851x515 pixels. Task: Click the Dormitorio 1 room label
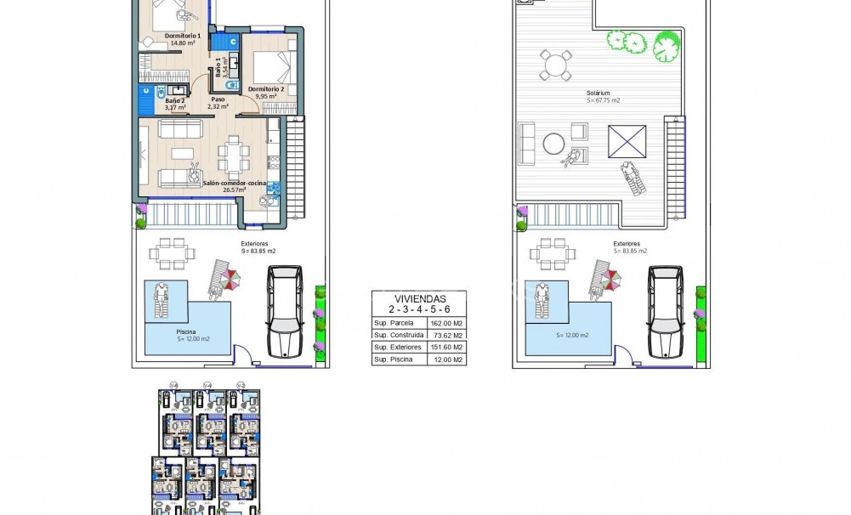pos(182,36)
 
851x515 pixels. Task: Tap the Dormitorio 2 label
pos(265,88)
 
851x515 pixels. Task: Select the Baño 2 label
pos(175,100)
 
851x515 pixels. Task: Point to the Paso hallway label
pos(218,99)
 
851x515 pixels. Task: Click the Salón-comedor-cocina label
pos(234,183)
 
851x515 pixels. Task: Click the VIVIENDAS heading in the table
pos(418,298)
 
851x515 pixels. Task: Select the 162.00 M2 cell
pos(446,323)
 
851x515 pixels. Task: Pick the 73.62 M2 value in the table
pos(446,335)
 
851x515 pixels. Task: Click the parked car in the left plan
pos(285,311)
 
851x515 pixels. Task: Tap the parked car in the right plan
pos(665,311)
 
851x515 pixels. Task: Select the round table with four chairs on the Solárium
pos(556,65)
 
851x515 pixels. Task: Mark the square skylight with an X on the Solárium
pos(627,141)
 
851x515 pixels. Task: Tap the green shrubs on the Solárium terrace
pos(642,42)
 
